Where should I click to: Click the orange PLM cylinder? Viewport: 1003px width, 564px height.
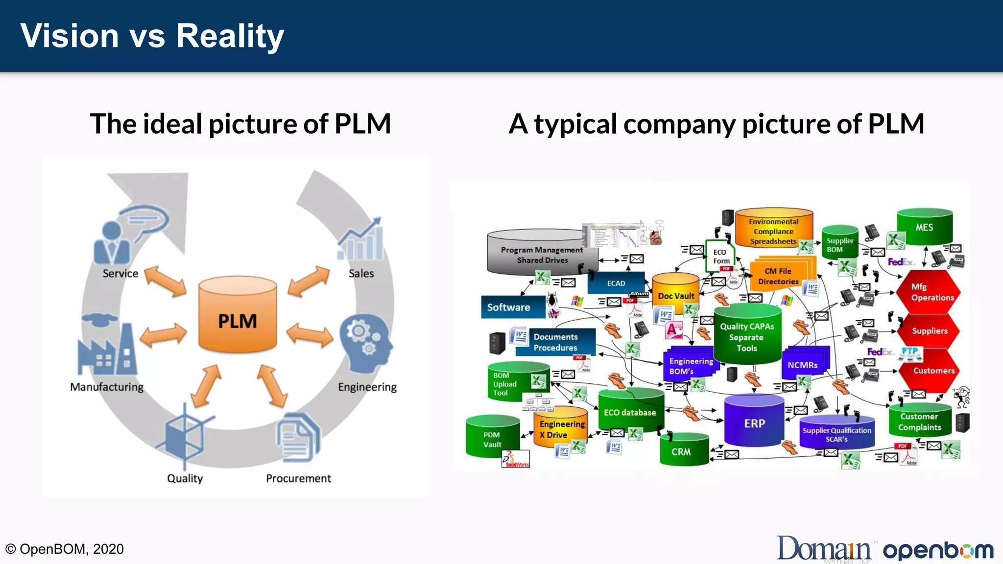238,316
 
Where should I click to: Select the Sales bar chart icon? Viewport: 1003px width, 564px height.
360,241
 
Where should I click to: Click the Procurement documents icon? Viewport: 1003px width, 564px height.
298,437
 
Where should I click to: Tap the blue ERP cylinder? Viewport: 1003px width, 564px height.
754,422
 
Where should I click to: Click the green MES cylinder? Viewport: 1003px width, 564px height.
924,227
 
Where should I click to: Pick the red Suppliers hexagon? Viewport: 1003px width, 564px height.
929,331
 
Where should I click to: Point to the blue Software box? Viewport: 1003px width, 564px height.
512,307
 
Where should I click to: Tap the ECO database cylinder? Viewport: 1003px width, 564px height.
630,411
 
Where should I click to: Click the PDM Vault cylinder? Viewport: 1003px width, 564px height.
492,437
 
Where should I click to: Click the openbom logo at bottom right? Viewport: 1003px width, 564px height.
938,550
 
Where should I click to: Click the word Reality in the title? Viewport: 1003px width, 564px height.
230,36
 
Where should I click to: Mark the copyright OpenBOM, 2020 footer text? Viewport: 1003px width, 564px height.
64,549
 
